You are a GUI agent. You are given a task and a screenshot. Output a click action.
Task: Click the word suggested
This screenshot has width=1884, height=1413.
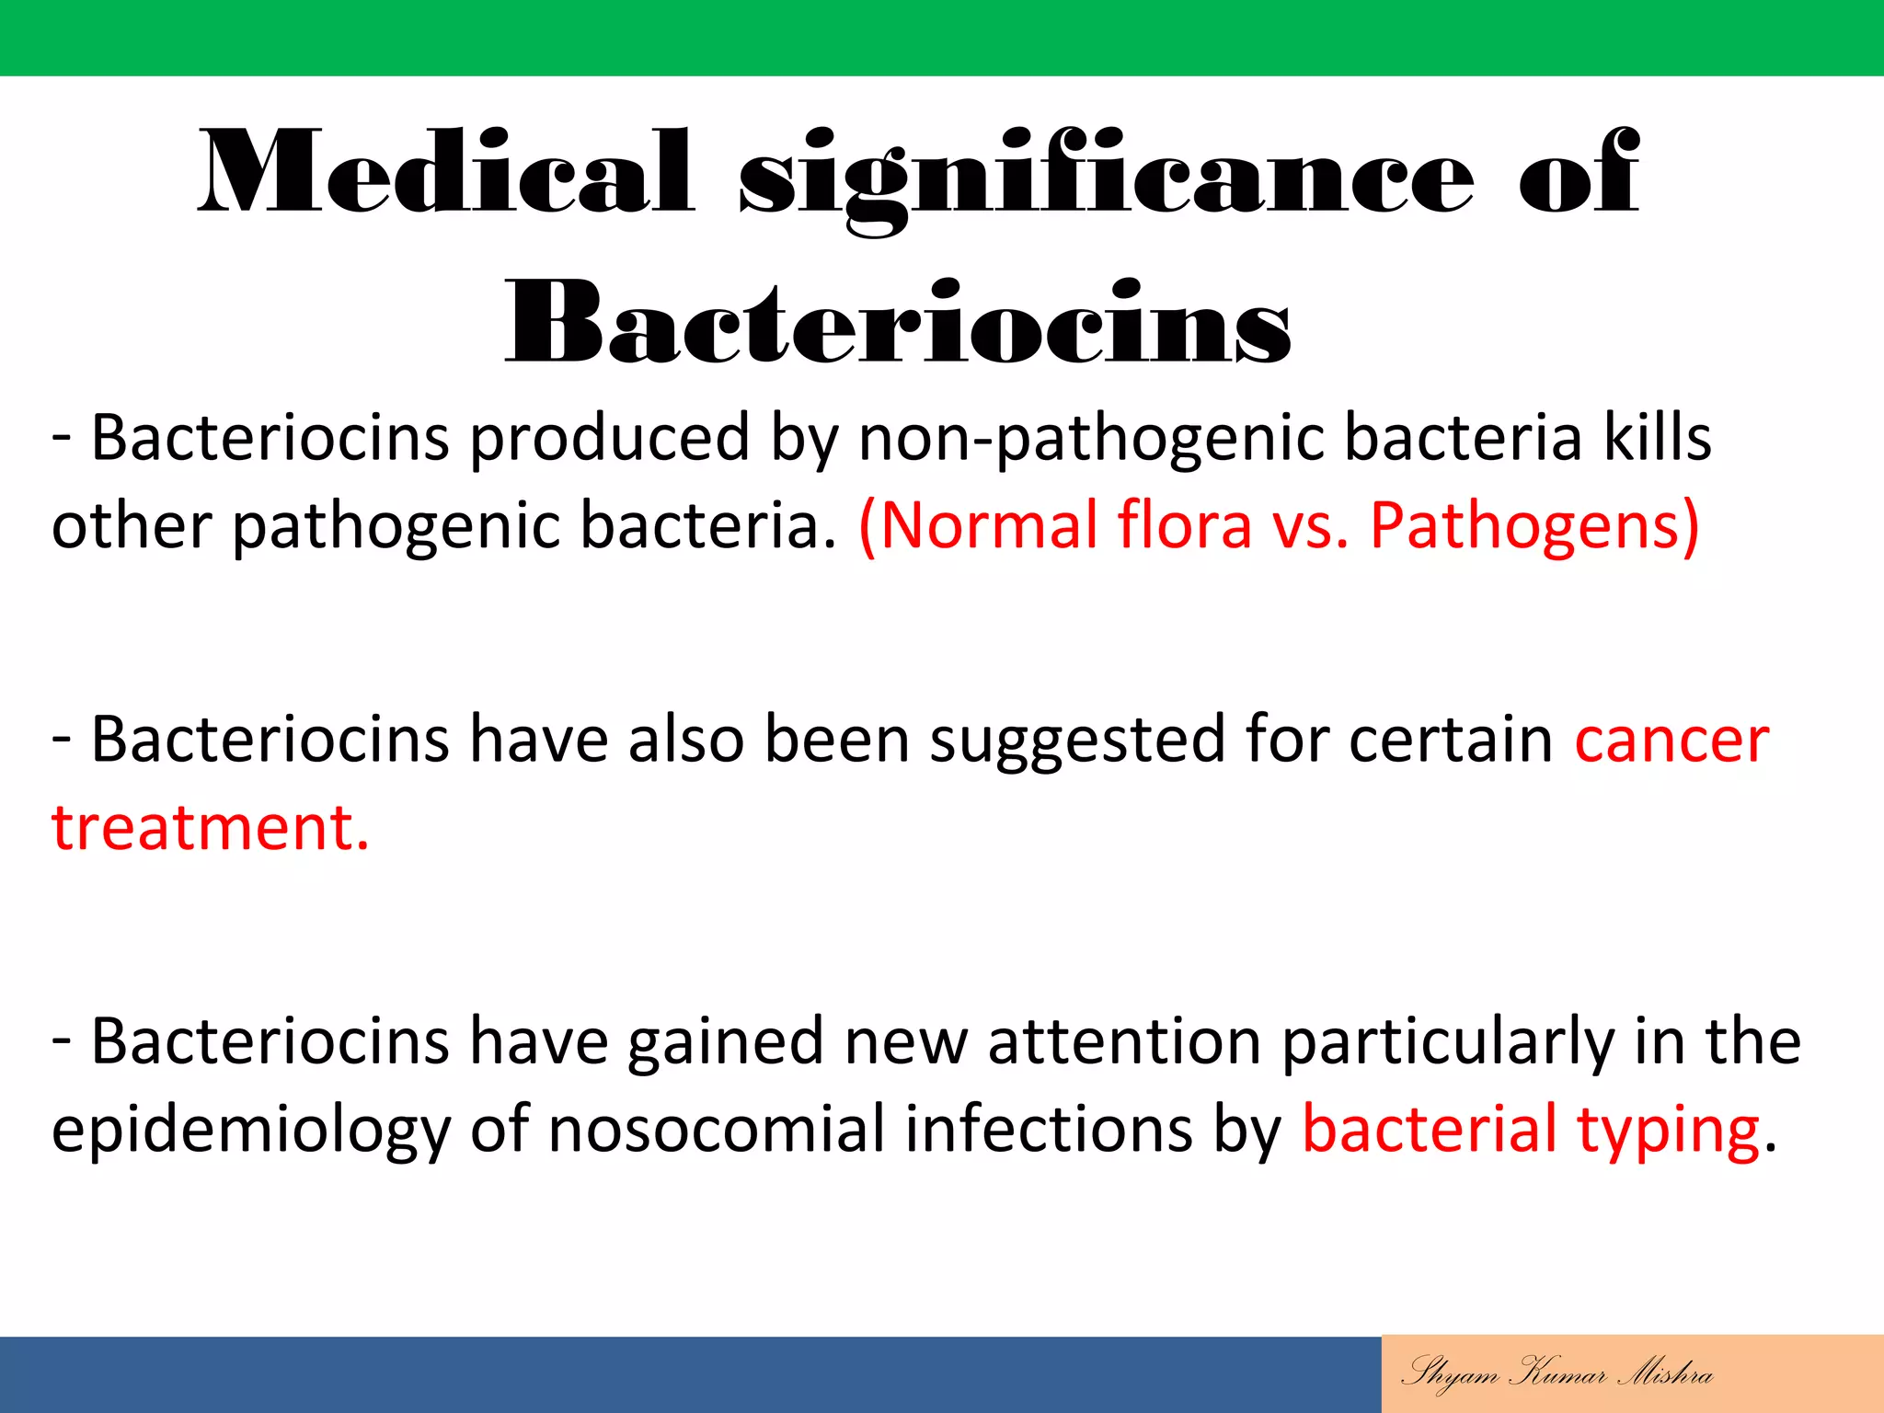click(1077, 741)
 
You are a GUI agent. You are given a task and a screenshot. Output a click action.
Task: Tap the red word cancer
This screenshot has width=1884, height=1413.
click(1671, 741)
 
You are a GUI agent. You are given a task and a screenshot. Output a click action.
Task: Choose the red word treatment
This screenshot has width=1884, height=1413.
click(210, 828)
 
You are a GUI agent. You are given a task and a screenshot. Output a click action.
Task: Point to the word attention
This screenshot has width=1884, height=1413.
click(1124, 1041)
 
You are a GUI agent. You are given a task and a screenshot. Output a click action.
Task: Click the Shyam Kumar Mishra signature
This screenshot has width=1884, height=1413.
click(1557, 1373)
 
